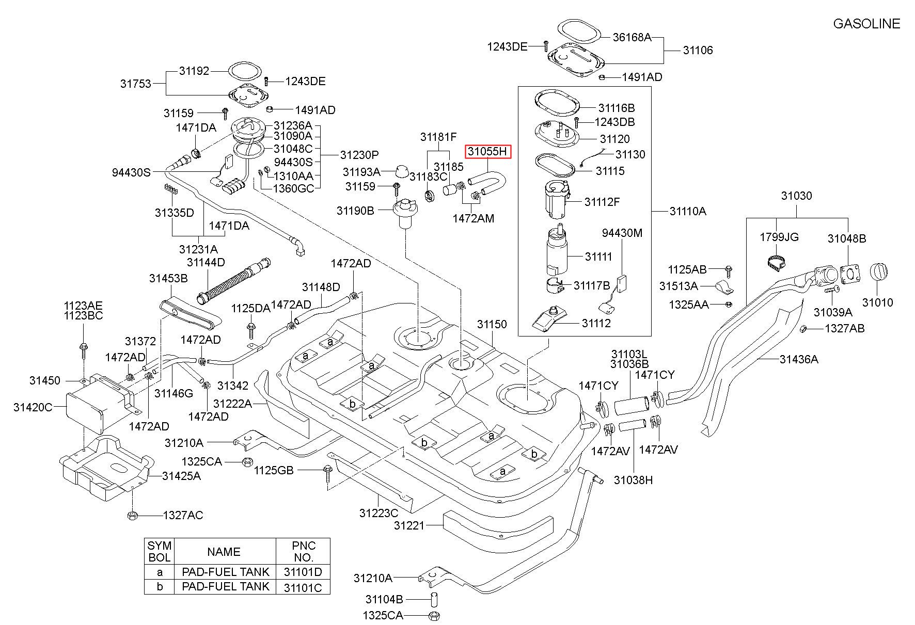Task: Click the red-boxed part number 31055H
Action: (x=488, y=151)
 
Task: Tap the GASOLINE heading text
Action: (x=866, y=24)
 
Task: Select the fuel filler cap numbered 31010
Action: (x=878, y=273)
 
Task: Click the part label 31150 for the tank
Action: (x=492, y=324)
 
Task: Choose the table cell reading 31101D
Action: (x=303, y=572)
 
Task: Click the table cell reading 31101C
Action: (x=303, y=586)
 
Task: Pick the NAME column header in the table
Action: (x=224, y=552)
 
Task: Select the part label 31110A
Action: (x=688, y=211)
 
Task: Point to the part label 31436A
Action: (x=799, y=359)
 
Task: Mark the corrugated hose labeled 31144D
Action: (x=233, y=279)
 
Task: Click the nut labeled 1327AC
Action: (x=132, y=515)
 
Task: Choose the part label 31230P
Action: (x=359, y=155)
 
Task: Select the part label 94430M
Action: (x=622, y=233)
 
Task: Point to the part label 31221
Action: (x=409, y=525)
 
